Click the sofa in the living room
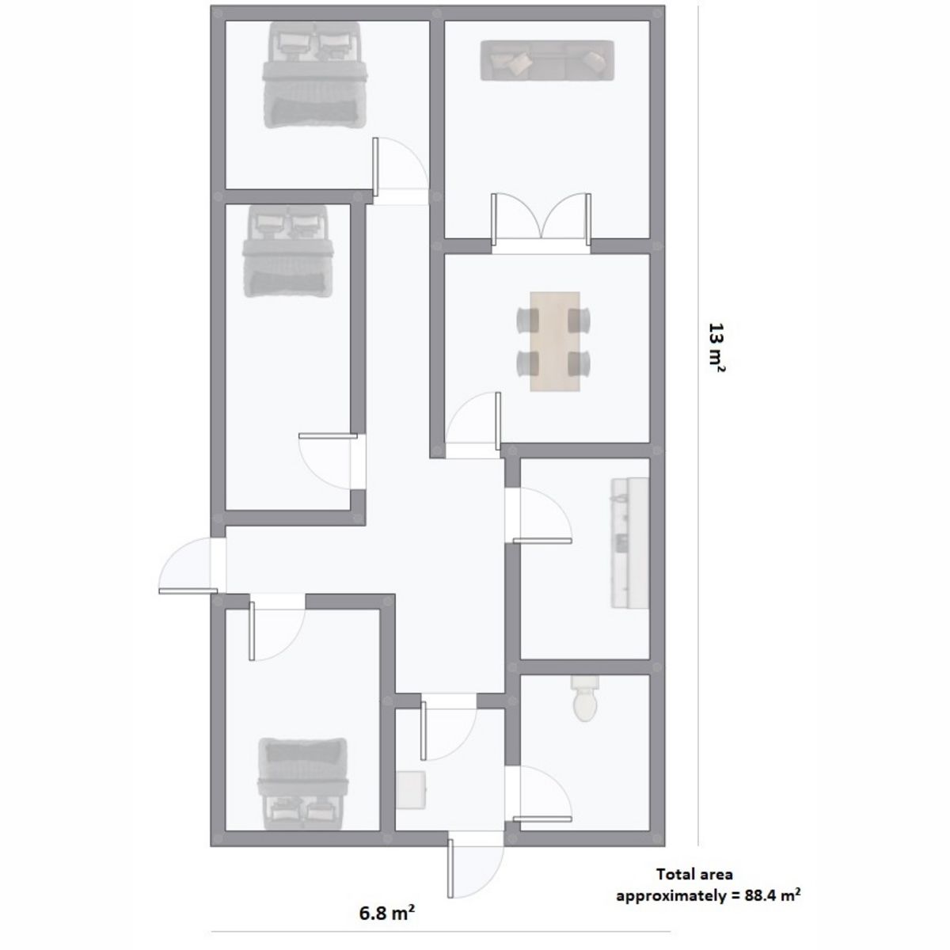pyautogui.click(x=547, y=60)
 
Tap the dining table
pyautogui.click(x=555, y=341)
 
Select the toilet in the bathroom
pyautogui.click(x=585, y=697)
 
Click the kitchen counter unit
pyautogui.click(x=629, y=543)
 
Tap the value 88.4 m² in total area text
pyautogui.click(x=773, y=895)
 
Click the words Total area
pyautogui.click(x=694, y=874)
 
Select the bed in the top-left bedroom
pyautogui.click(x=314, y=74)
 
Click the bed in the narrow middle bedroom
pyautogui.click(x=288, y=251)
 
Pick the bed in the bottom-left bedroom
pyautogui.click(x=302, y=784)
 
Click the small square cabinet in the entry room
pyautogui.click(x=410, y=789)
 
